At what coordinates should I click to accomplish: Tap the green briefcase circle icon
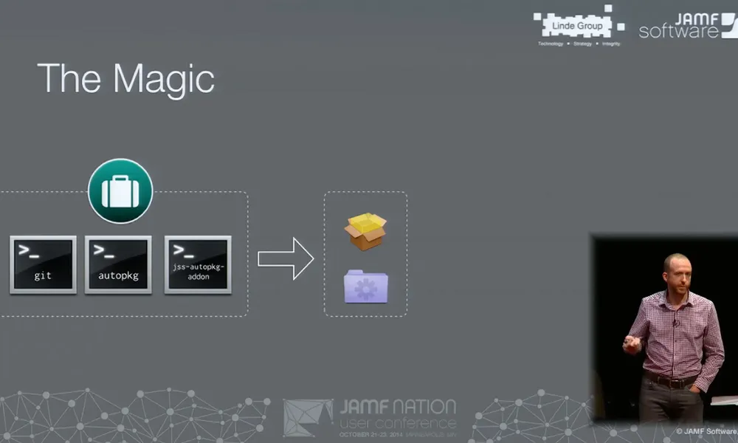tap(120, 191)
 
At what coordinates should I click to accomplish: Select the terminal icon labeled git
tap(43, 264)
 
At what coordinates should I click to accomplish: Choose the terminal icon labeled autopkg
tap(118, 264)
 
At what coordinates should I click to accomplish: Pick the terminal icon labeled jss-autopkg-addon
tap(198, 264)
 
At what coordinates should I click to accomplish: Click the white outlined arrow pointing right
tap(286, 258)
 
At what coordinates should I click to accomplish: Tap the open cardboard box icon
tap(365, 231)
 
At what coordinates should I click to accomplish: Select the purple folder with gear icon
tap(365, 286)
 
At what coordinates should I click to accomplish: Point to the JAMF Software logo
tap(686, 25)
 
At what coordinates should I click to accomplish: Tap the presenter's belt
tap(670, 382)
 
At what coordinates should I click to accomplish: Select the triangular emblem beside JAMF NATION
tap(308, 418)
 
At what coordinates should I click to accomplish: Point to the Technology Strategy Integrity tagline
tap(578, 44)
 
